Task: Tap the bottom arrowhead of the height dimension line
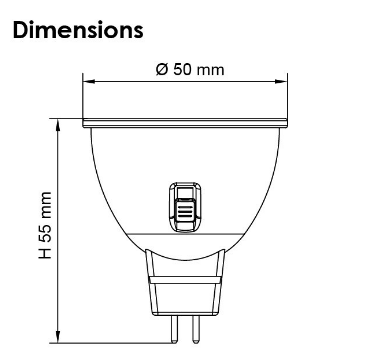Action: pyautogui.click(x=60, y=338)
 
